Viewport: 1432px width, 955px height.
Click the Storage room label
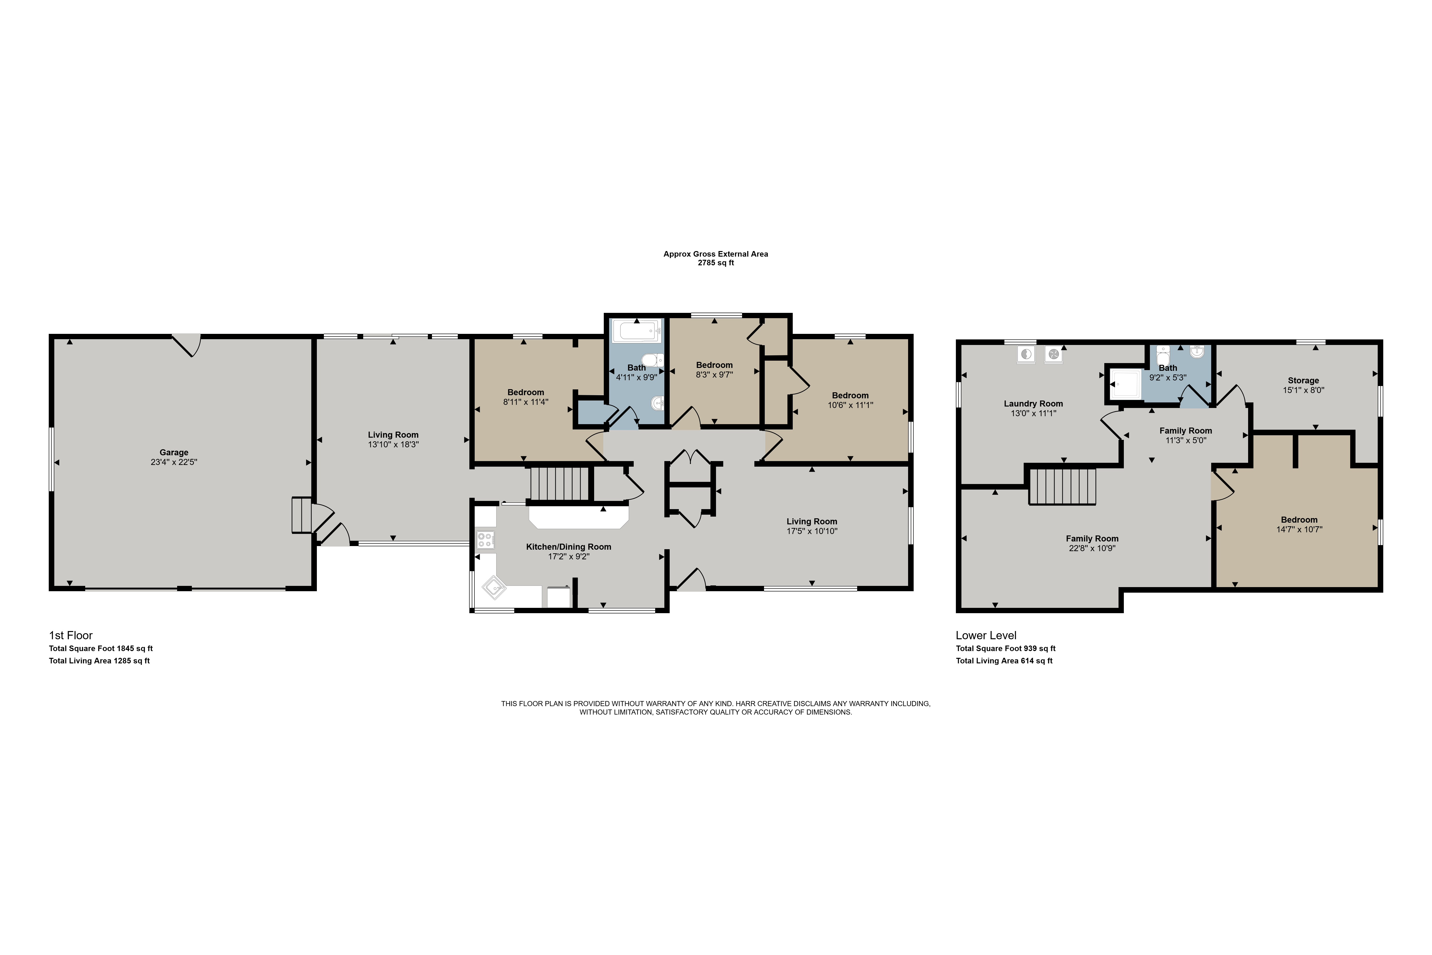(1304, 381)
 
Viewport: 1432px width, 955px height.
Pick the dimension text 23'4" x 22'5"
(174, 462)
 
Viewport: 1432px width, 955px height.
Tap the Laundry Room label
(1033, 404)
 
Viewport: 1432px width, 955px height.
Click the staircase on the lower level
(1063, 486)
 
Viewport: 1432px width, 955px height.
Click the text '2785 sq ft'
(716, 263)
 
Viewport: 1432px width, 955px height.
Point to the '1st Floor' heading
(71, 635)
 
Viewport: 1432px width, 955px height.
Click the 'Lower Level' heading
(986, 635)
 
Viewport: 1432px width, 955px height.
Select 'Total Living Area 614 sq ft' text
(1004, 661)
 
